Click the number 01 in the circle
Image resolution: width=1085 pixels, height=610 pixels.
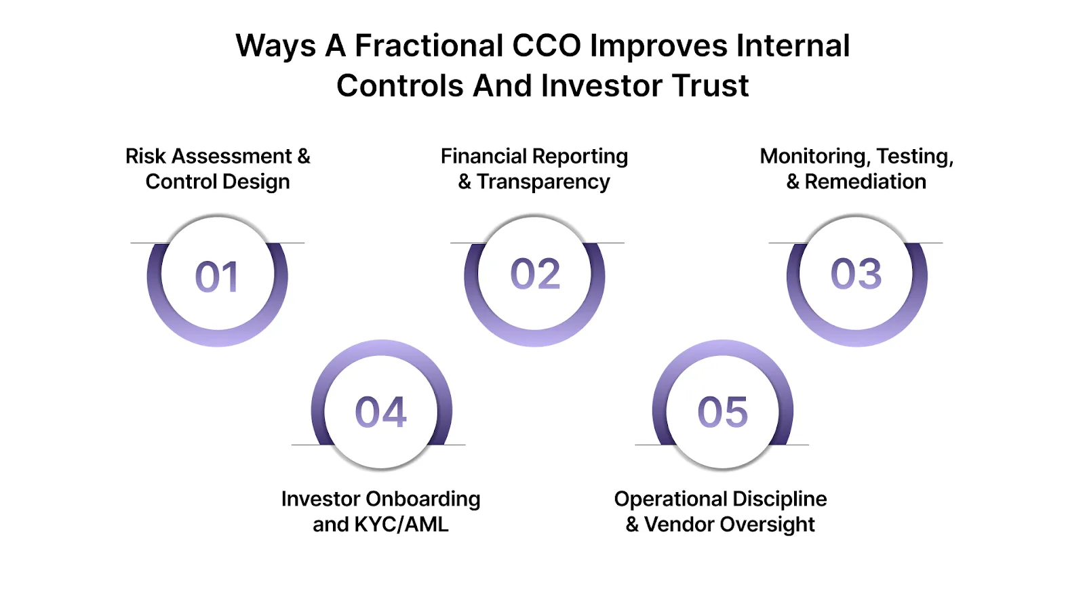pyautogui.click(x=217, y=277)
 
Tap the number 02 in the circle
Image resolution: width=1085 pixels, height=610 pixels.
pyautogui.click(x=535, y=274)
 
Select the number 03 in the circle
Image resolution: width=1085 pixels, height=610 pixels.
pyautogui.click(x=856, y=274)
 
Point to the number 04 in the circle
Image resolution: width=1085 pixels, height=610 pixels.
pyautogui.click(x=380, y=413)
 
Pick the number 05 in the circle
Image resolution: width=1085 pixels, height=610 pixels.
pyautogui.click(x=723, y=413)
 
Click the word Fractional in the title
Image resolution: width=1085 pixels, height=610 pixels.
pyautogui.click(x=429, y=46)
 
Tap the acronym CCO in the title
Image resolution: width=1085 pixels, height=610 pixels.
pyautogui.click(x=547, y=46)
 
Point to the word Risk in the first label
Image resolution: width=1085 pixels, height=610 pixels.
pyautogui.click(x=145, y=157)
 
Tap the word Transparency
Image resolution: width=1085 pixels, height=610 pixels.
pyautogui.click(x=543, y=182)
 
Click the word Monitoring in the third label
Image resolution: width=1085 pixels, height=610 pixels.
pyautogui.click(x=814, y=157)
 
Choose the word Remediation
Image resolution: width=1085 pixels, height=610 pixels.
pyautogui.click(x=865, y=182)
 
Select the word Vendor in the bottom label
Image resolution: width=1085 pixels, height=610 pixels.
pyautogui.click(x=679, y=525)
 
